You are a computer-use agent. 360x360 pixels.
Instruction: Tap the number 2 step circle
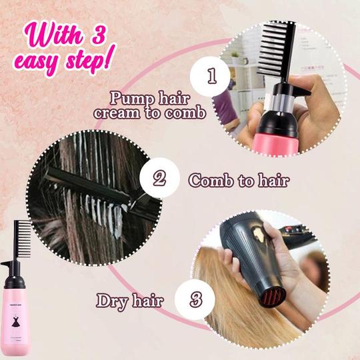159,179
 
